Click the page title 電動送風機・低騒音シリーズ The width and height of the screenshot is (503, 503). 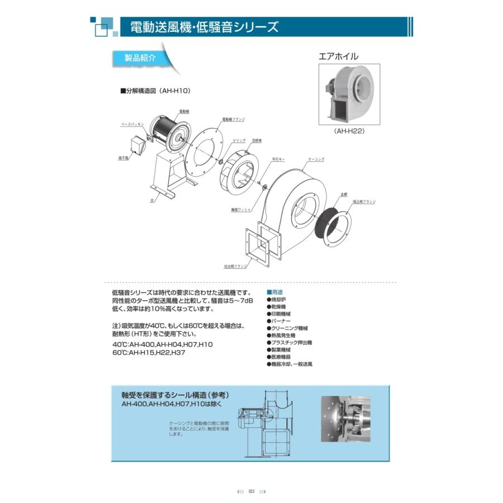[203, 27]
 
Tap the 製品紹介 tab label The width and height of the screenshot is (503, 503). [133, 58]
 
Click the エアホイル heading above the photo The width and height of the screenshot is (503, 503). [338, 56]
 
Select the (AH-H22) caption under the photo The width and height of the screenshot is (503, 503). [349, 131]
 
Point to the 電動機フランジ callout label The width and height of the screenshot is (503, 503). [234, 120]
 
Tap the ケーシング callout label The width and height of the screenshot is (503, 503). [316, 159]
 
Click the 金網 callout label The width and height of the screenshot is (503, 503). [343, 194]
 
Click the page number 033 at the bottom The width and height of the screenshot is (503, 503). [251, 491]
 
